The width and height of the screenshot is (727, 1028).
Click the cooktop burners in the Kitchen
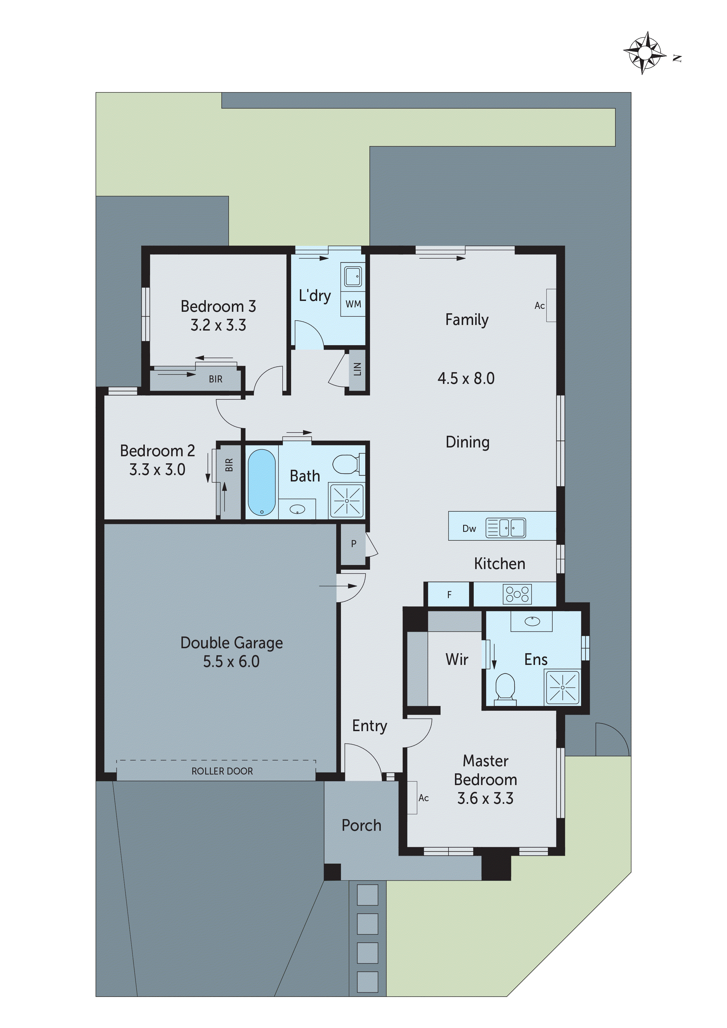point(517,594)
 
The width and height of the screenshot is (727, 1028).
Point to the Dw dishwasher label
point(469,529)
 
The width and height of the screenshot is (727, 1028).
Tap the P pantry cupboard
point(354,544)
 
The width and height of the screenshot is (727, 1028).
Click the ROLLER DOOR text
point(222,771)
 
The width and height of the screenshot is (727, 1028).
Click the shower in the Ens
point(563,687)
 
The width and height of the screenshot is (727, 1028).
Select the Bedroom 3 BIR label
point(215,379)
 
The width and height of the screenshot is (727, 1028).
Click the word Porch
point(361,826)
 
